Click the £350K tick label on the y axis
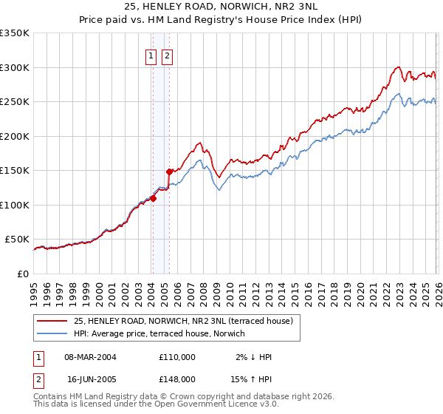[15, 33]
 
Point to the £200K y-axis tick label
[15, 136]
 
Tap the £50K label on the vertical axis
[18, 240]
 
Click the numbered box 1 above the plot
[151, 56]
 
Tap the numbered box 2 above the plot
[167, 56]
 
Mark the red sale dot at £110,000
[153, 198]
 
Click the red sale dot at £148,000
[169, 172]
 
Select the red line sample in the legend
[53, 321]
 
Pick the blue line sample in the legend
[53, 333]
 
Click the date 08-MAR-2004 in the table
[91, 357]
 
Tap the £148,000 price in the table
[177, 379]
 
